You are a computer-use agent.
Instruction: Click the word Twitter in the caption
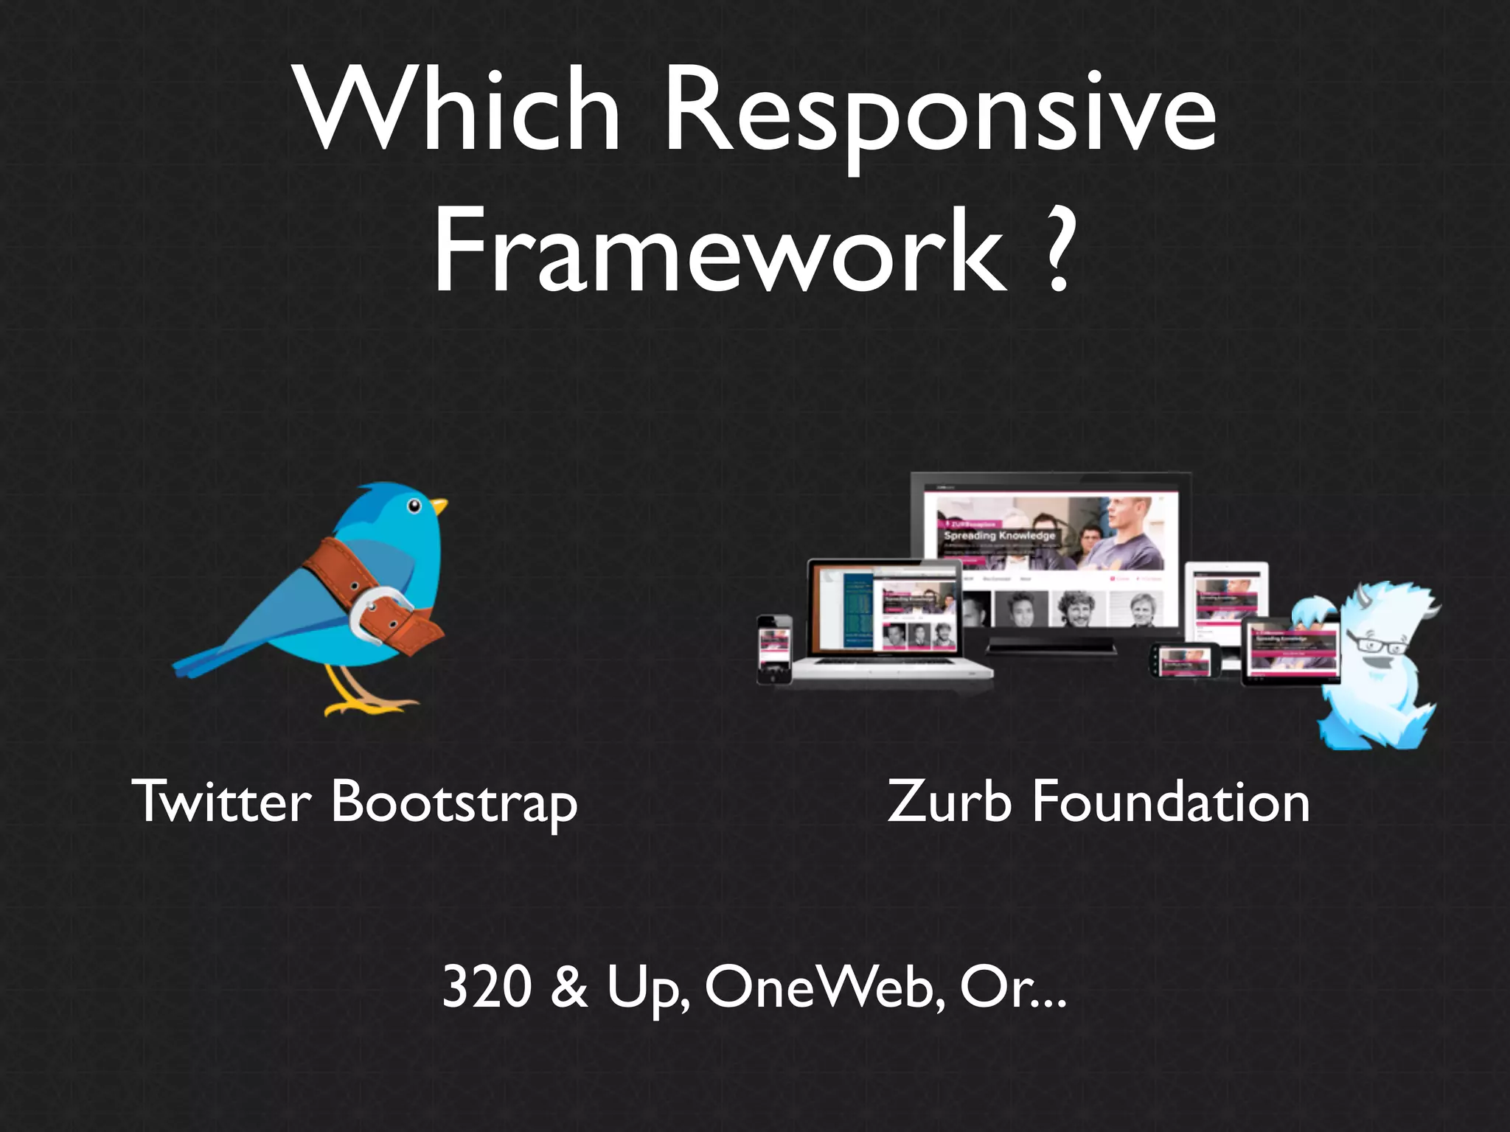(222, 801)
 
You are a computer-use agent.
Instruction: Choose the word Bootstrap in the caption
(454, 803)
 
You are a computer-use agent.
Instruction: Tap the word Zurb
(950, 801)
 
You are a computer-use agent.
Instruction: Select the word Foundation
(1171, 801)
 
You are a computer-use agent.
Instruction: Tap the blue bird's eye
(414, 506)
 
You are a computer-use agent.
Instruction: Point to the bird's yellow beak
(440, 506)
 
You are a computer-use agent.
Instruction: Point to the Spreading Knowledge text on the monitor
(999, 535)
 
